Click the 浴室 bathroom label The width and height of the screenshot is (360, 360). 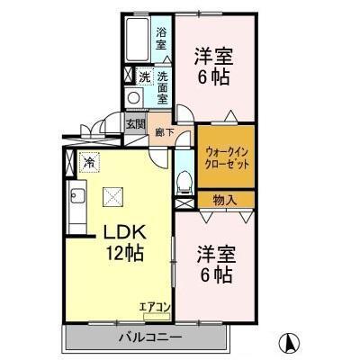[x=160, y=39]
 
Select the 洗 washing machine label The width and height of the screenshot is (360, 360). [x=144, y=76]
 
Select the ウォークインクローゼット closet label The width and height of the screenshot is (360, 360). [x=225, y=158]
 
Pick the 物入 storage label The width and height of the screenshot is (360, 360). [x=225, y=200]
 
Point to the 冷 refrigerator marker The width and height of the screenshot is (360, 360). [x=89, y=163]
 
